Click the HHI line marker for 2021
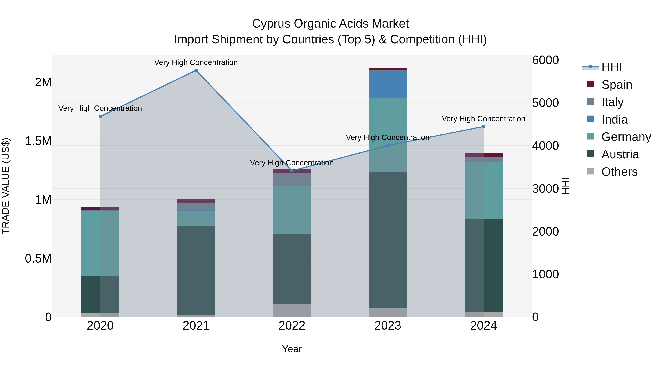196,70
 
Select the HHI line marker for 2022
292,171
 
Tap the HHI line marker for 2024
483,127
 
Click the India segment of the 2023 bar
388,84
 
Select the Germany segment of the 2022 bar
292,210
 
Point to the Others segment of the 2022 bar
292,310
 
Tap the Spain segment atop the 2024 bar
483,155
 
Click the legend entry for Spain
616,85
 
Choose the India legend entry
614,119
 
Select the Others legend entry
619,172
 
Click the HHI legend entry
611,67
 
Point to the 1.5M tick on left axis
38,141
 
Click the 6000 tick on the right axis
545,60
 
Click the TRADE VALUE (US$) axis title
6,186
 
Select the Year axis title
292,349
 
